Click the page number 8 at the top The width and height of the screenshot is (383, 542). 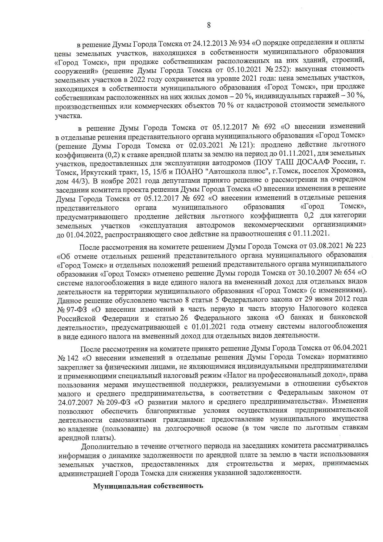tap(209, 25)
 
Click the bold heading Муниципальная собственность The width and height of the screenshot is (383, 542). tap(148, 486)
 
